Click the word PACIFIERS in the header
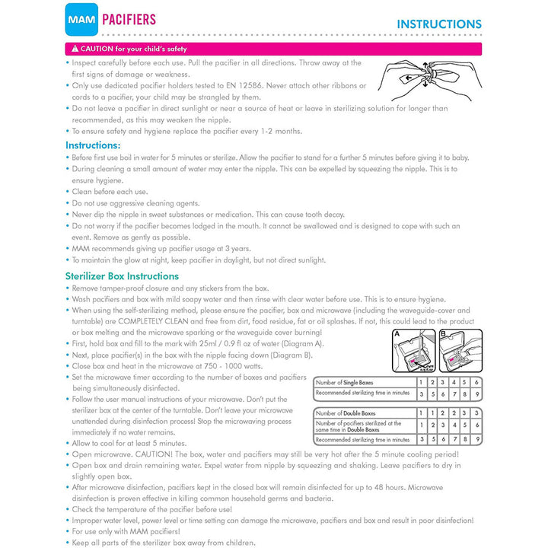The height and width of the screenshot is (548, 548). coord(129,19)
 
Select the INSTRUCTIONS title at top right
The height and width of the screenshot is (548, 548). coord(438,24)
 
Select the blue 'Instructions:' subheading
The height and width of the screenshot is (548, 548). coord(93,145)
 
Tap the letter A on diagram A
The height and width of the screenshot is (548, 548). coord(397,333)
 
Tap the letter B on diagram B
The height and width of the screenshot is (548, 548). coord(443,333)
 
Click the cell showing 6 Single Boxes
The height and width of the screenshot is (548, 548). coord(476,382)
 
